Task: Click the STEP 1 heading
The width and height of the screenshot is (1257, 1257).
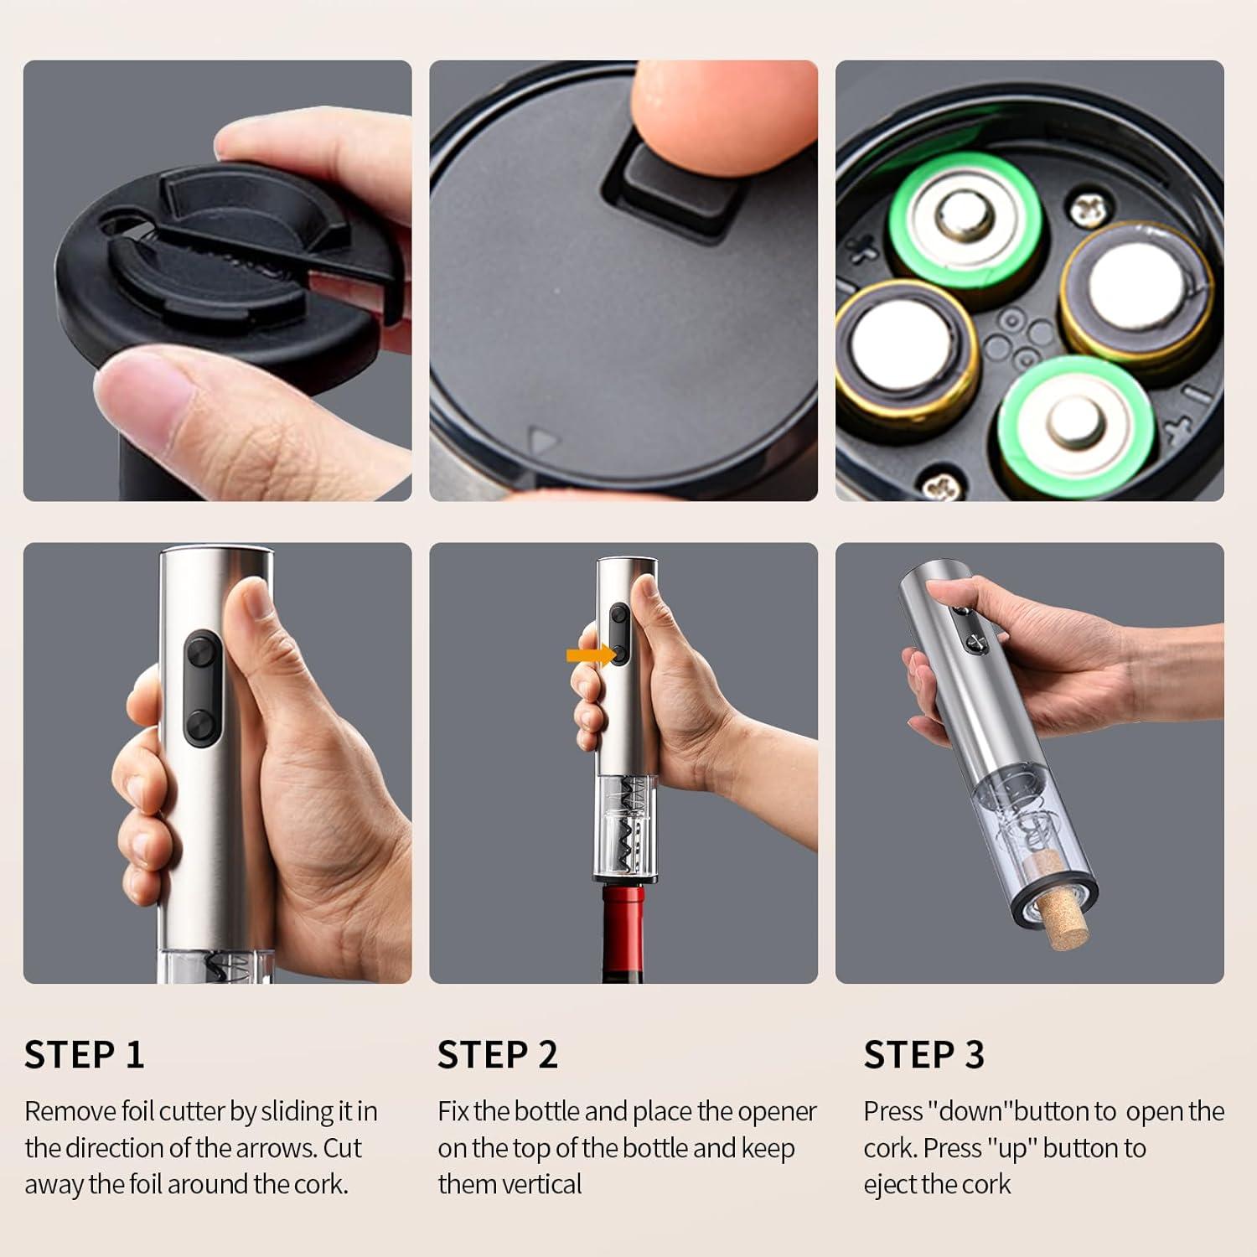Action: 84,1054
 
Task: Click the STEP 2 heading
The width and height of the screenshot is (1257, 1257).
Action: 498,1054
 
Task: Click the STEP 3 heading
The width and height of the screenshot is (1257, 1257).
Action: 923,1054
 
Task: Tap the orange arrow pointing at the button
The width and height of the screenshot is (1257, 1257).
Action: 591,654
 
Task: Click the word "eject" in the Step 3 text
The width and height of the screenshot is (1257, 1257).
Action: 890,1185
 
